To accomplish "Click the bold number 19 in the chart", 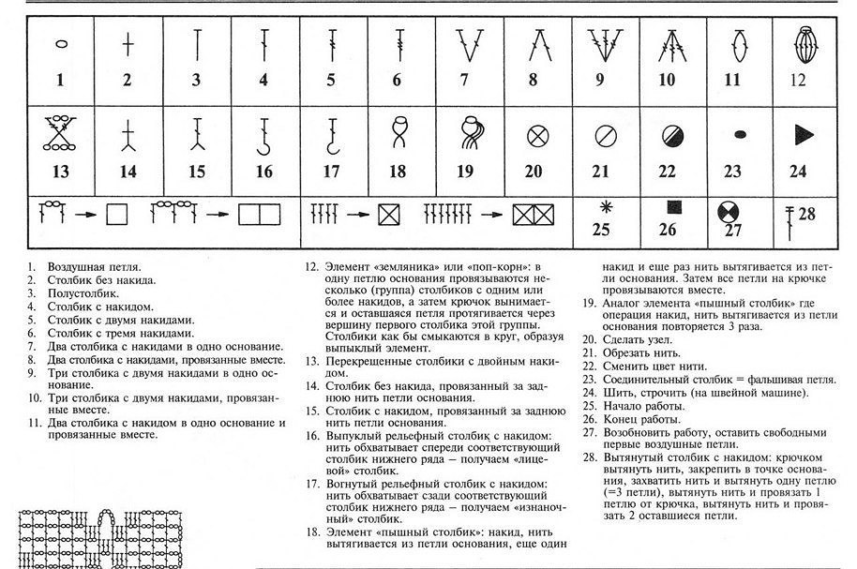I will (466, 172).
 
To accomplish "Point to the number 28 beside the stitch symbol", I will (806, 214).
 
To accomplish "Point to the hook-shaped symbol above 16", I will (263, 134).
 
